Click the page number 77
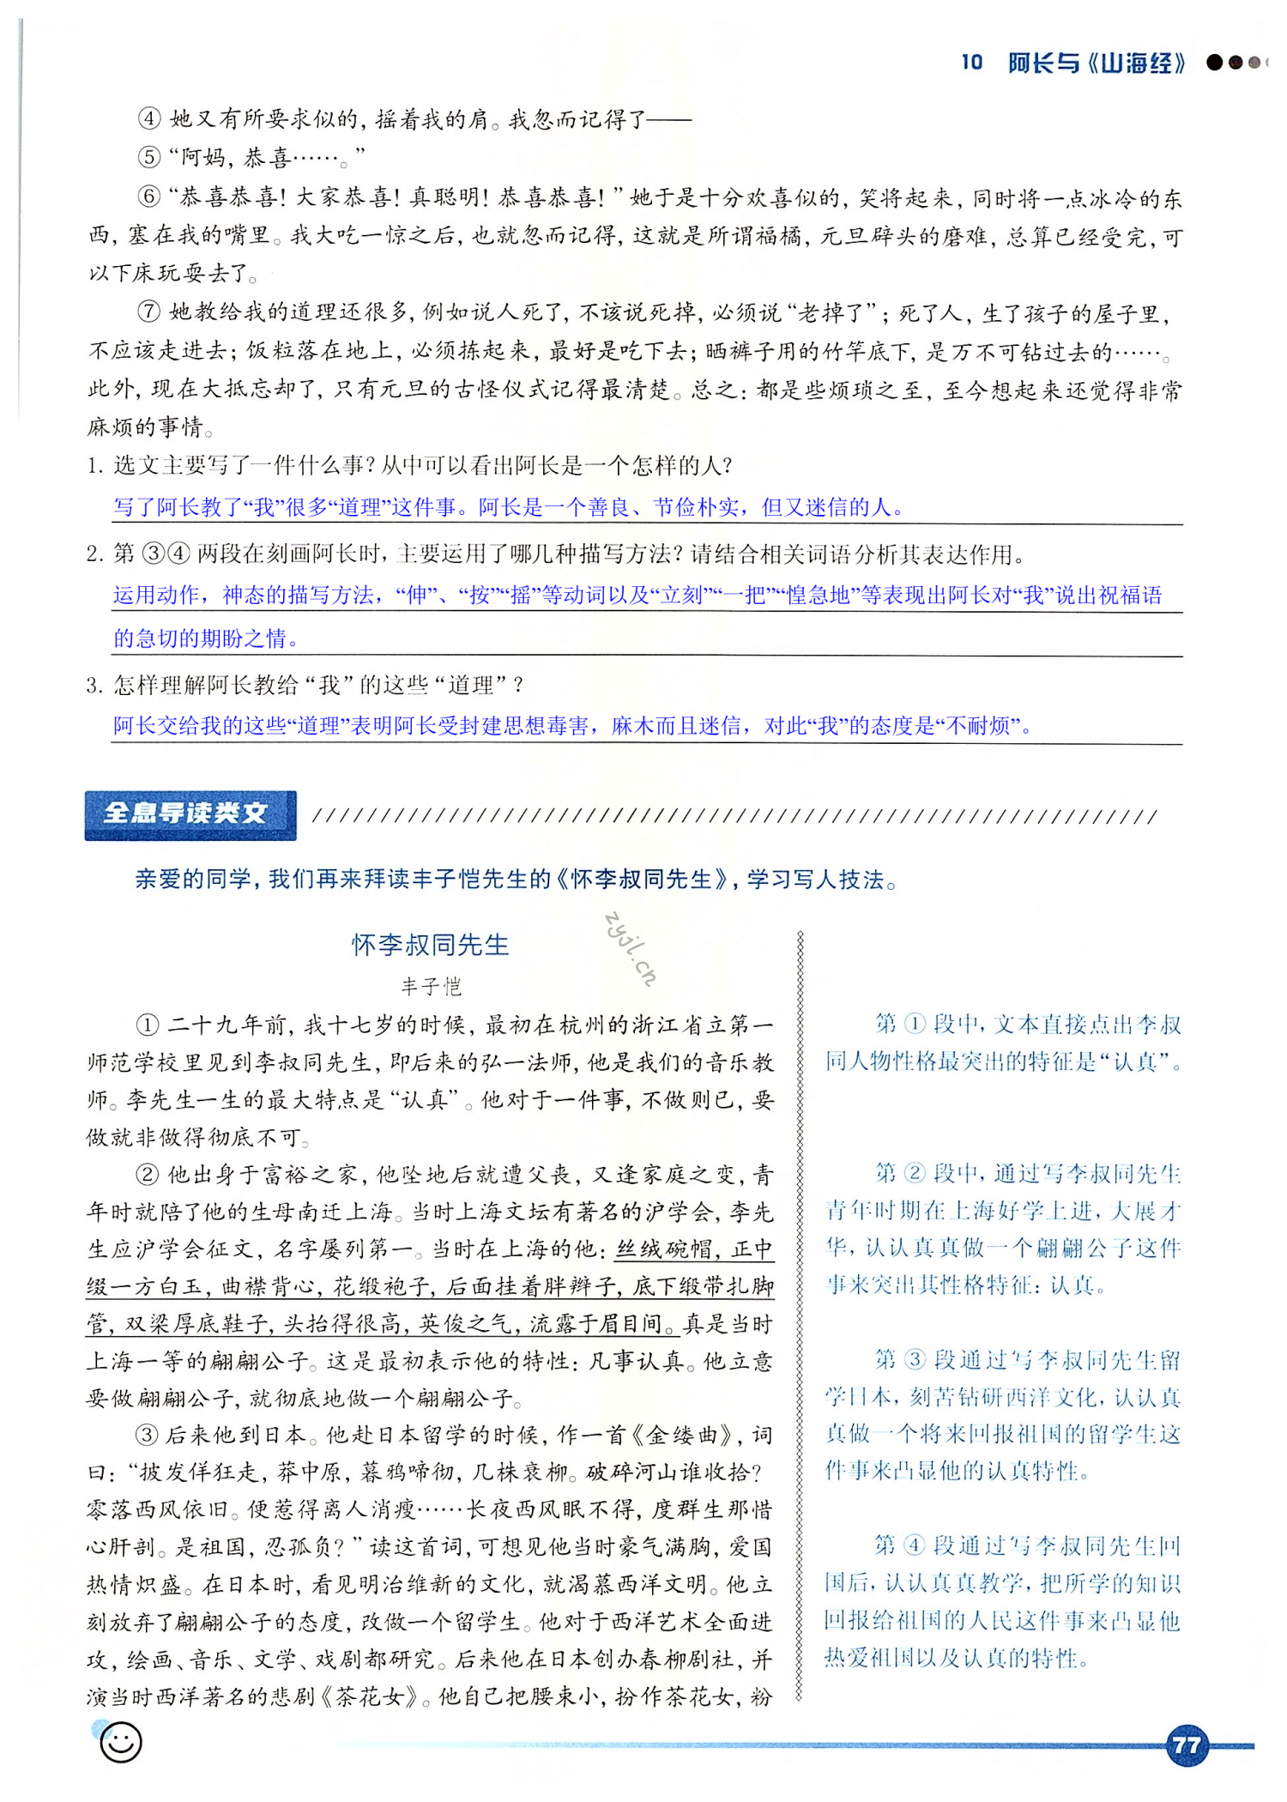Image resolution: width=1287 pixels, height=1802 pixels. (1186, 1745)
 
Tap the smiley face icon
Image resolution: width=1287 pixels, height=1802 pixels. (120, 1742)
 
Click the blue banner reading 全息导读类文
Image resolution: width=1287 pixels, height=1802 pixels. (190, 813)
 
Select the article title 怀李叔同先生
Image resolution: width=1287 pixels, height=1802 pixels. (430, 945)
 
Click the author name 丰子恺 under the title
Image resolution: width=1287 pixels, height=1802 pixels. (431, 987)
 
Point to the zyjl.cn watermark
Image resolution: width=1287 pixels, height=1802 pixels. (631, 947)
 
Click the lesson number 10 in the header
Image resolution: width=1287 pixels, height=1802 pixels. (971, 62)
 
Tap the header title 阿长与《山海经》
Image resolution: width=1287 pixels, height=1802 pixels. (1097, 63)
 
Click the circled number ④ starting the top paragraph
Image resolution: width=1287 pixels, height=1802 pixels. (149, 118)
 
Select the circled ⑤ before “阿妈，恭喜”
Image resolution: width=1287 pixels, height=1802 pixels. (149, 157)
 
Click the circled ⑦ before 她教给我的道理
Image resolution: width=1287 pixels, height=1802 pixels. (149, 311)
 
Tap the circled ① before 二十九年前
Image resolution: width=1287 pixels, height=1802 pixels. (148, 1025)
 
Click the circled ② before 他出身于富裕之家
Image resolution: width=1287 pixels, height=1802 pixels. (148, 1174)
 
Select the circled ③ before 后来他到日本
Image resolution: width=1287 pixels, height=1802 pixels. (148, 1435)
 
